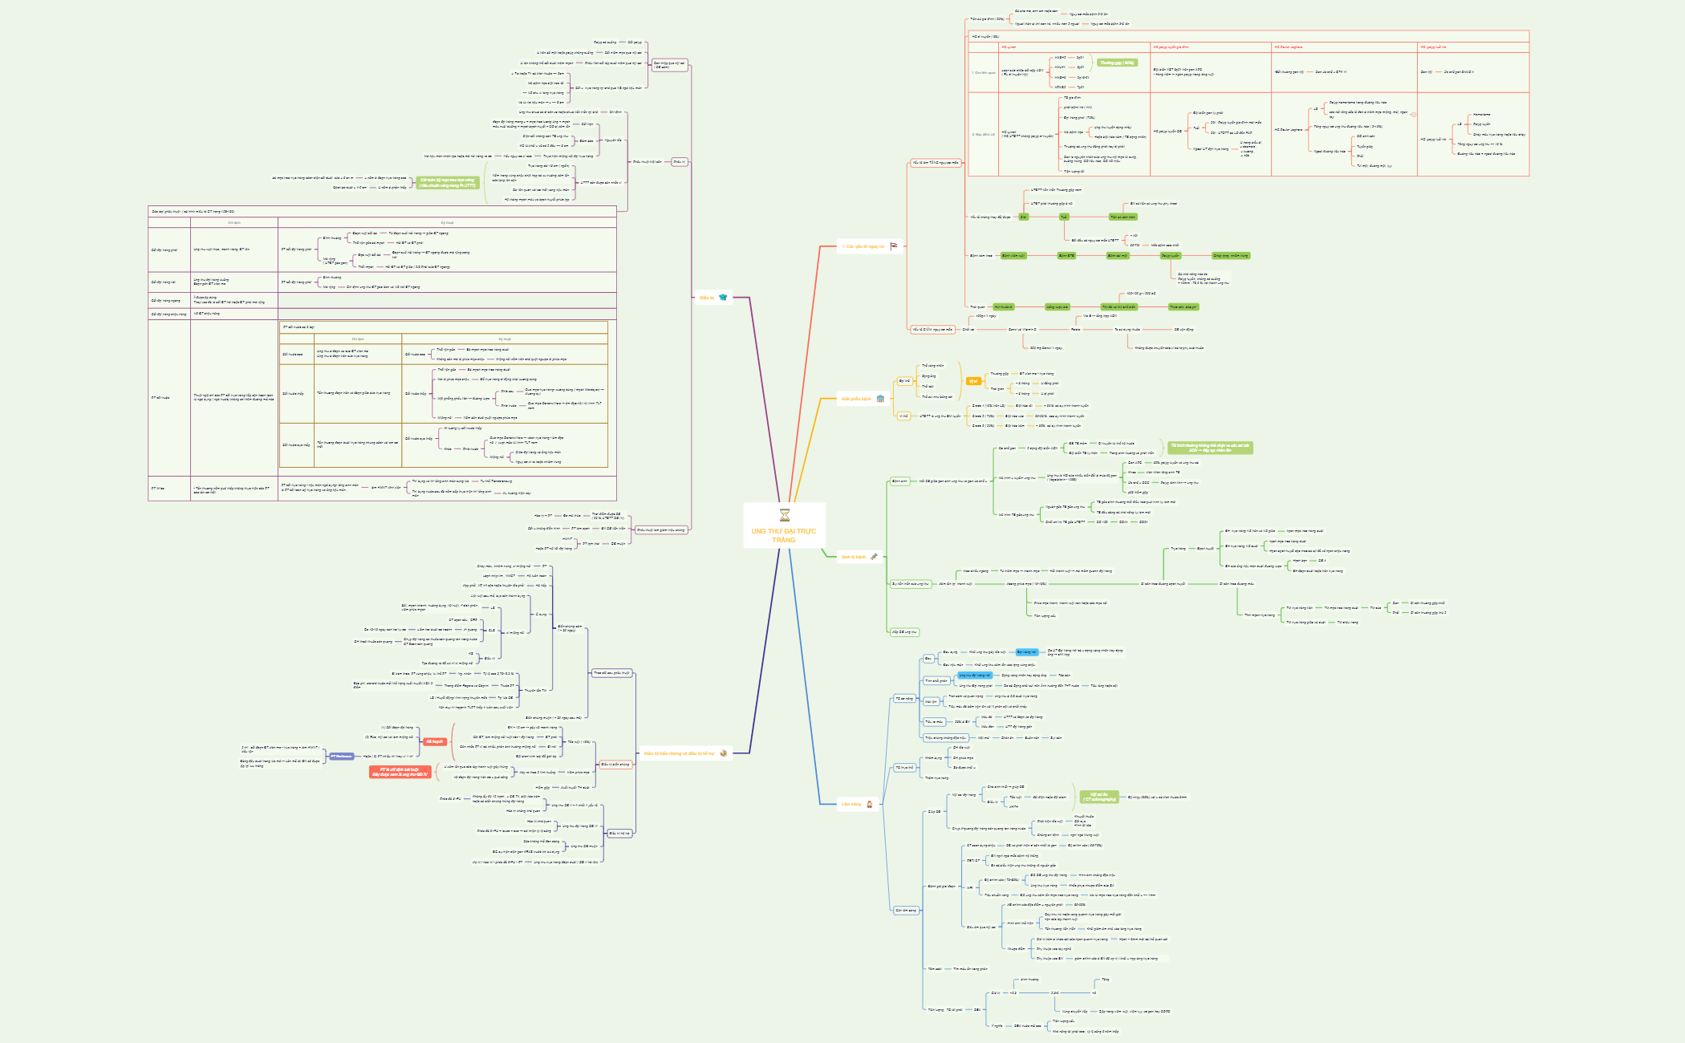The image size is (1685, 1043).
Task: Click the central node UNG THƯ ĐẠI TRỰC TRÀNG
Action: tap(783, 535)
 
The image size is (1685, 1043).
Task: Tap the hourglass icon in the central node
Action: tap(784, 515)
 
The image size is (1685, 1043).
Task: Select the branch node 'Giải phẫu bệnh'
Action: tap(855, 399)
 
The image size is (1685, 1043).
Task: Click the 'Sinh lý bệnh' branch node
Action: tap(853, 556)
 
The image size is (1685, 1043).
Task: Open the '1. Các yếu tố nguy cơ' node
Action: tap(863, 246)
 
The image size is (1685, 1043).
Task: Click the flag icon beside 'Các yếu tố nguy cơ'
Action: tap(893, 246)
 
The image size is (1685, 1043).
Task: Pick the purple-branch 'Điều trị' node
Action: tap(706, 298)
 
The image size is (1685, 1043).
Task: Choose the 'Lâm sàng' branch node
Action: tap(851, 803)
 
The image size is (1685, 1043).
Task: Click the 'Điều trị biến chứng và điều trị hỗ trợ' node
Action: tap(679, 753)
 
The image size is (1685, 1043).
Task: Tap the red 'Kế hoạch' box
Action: tap(434, 741)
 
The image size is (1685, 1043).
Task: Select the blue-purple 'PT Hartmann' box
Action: tap(341, 756)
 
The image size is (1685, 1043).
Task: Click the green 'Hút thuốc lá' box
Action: tap(1003, 306)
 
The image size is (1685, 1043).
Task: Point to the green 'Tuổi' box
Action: tap(1064, 217)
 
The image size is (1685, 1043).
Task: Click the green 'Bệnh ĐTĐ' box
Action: tap(1066, 255)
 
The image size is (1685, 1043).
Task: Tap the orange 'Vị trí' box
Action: tap(972, 381)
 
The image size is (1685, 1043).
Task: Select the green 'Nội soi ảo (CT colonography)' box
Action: tap(1098, 797)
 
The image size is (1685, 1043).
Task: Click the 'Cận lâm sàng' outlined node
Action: tap(906, 910)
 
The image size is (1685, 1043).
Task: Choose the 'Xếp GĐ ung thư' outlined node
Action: tap(903, 632)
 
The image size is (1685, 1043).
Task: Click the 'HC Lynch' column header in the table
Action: tap(1009, 47)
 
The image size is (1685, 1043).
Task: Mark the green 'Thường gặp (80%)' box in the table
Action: tap(1117, 63)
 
